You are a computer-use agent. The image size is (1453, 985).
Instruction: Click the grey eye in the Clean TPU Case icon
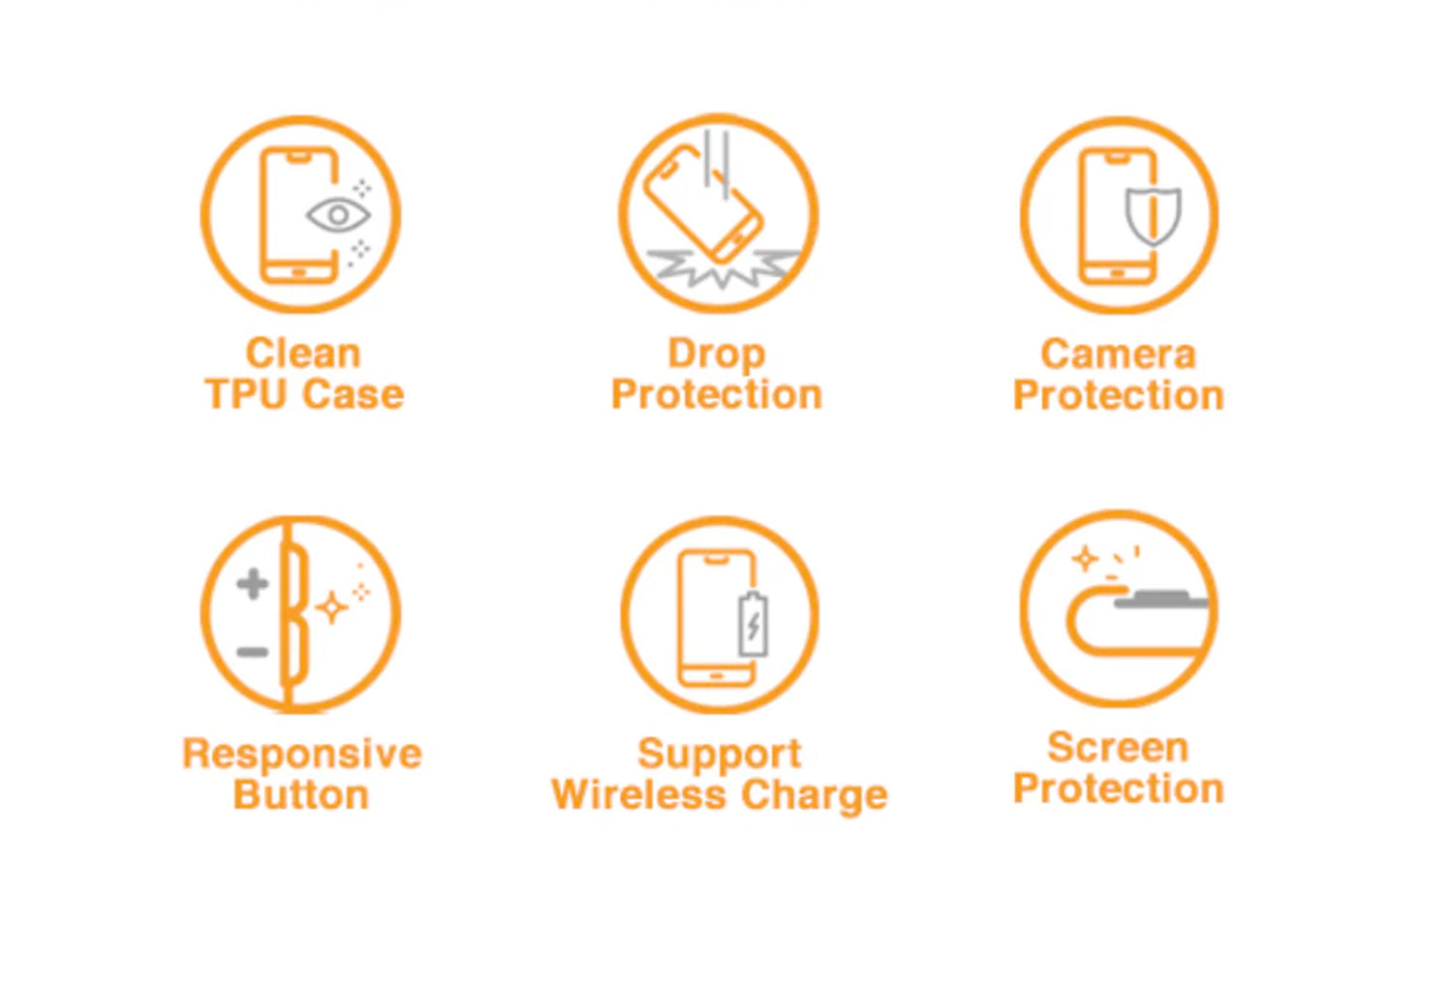point(338,215)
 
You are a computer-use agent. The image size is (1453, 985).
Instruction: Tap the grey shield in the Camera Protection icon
point(1153,215)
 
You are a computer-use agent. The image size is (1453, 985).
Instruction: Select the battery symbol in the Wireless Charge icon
point(753,624)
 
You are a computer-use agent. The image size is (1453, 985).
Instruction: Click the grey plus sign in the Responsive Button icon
point(253,584)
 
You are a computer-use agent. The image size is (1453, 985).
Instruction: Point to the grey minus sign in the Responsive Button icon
point(253,652)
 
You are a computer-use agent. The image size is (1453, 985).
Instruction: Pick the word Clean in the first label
point(303,354)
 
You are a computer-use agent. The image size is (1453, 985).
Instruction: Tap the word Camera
point(1118,354)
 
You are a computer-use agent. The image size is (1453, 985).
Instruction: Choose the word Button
point(301,794)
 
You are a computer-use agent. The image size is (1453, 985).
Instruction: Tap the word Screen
point(1118,748)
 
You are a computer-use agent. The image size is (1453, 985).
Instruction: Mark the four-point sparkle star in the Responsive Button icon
point(331,607)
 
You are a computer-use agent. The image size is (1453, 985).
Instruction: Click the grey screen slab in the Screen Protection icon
point(1161,600)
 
